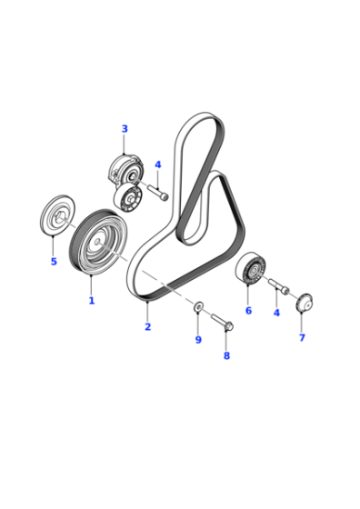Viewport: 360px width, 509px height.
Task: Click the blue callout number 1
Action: pyautogui.click(x=92, y=300)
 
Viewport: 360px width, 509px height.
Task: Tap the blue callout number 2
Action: pyautogui.click(x=147, y=326)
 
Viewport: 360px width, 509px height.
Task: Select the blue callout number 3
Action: pyautogui.click(x=125, y=128)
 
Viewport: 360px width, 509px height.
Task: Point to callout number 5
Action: pyautogui.click(x=54, y=261)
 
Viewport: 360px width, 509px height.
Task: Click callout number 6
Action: pyautogui.click(x=248, y=310)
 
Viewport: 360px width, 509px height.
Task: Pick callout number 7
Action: pyautogui.click(x=302, y=337)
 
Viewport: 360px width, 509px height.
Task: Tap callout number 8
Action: pyautogui.click(x=226, y=355)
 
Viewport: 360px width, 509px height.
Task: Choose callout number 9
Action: pyautogui.click(x=198, y=340)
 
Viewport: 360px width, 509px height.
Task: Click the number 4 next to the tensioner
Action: pyautogui.click(x=158, y=165)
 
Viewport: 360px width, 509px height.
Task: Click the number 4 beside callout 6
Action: pyautogui.click(x=276, y=313)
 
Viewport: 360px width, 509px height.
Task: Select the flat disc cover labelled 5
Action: pyautogui.click(x=58, y=215)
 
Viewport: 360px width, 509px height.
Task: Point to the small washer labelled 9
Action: pyautogui.click(x=199, y=305)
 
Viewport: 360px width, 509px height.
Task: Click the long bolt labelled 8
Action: pyautogui.click(x=223, y=322)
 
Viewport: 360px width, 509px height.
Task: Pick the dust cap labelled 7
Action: pyautogui.click(x=305, y=303)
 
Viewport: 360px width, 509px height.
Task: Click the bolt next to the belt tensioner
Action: pyautogui.click(x=159, y=192)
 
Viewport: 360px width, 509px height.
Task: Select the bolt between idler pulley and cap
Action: pyautogui.click(x=278, y=286)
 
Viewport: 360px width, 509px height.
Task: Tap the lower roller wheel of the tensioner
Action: pyautogui.click(x=128, y=198)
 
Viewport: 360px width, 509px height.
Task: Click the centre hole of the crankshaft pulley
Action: pyautogui.click(x=98, y=241)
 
